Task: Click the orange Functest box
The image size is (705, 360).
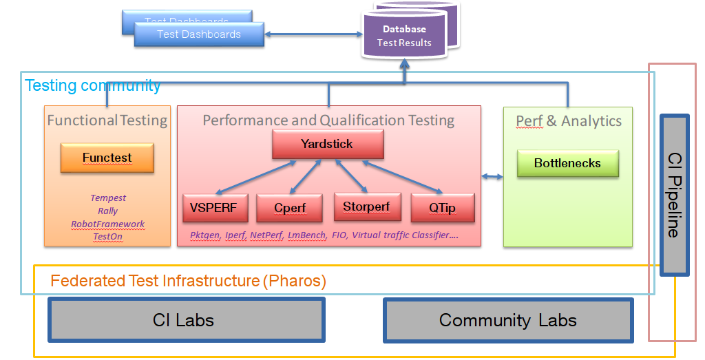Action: [107, 158]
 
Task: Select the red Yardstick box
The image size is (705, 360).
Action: [327, 145]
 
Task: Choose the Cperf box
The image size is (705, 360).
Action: [290, 208]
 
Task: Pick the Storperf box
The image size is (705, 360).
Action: [366, 207]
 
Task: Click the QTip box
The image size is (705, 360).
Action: [442, 208]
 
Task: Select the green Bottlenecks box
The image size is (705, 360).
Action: [567, 164]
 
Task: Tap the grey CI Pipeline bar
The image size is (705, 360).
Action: [674, 195]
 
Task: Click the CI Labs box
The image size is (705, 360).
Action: [186, 319]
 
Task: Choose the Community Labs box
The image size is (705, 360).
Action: [507, 319]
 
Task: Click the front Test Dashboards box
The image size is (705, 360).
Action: [199, 34]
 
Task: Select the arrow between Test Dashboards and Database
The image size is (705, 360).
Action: [313, 34]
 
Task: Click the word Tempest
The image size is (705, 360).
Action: [108, 198]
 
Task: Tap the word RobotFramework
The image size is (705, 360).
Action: [108, 224]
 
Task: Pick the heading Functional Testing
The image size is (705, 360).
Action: [107, 120]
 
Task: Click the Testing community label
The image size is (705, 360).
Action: [92, 85]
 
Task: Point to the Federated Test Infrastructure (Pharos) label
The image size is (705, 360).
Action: [188, 281]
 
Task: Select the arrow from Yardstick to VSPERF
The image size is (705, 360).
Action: [255, 176]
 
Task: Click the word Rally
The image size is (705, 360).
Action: [108, 211]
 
